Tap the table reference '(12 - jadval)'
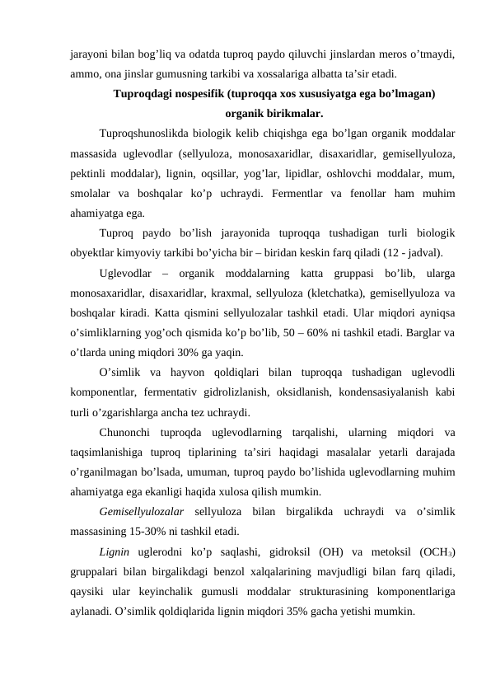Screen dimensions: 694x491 click(x=413, y=251)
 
